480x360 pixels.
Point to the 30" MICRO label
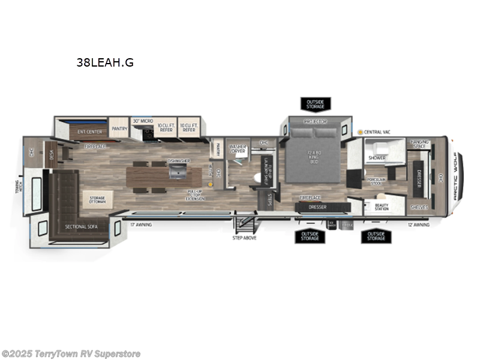pos(143,121)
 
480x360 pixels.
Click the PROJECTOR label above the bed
pos(315,122)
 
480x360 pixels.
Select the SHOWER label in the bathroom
pos(377,158)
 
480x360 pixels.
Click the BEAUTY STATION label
pos(381,206)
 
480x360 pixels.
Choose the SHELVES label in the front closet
pos(419,207)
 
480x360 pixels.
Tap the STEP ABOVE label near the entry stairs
pos(245,238)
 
